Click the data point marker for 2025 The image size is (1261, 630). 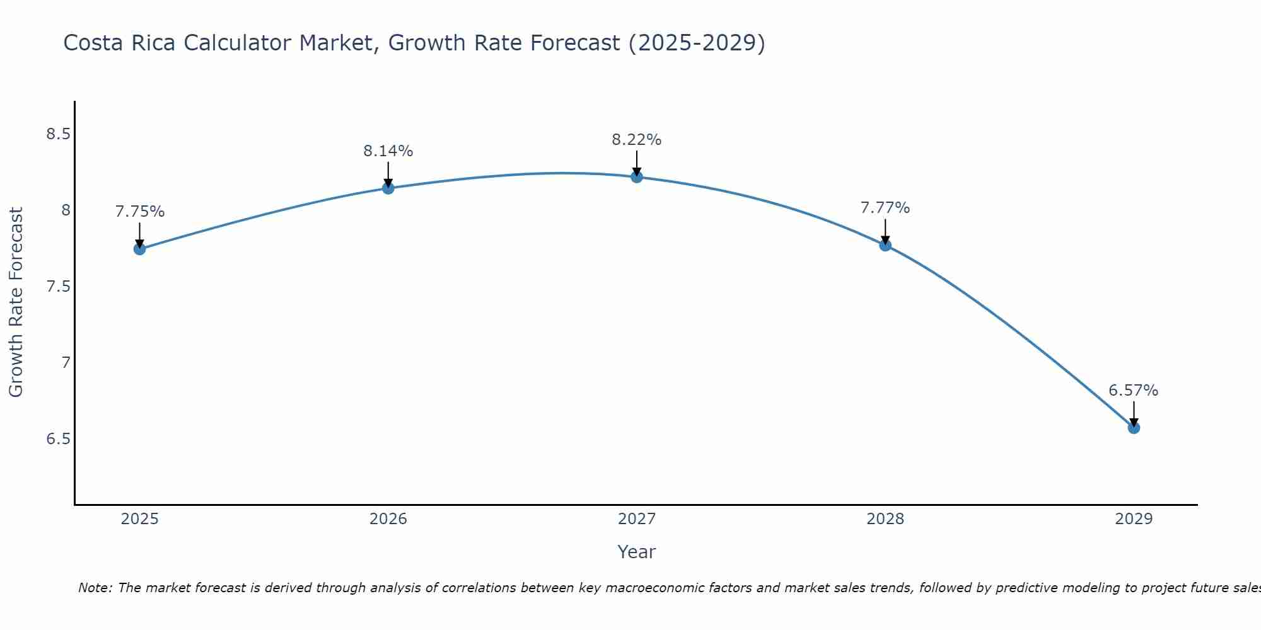[140, 249]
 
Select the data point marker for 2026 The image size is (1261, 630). [388, 188]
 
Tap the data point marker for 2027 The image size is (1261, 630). [637, 177]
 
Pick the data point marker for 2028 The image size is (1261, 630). [885, 245]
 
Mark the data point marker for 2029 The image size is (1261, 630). [1134, 428]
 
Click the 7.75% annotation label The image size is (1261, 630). [140, 212]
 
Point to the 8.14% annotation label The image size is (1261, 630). [388, 151]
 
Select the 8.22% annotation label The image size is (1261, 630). [637, 140]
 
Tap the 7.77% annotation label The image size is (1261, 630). [885, 208]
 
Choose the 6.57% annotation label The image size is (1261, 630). [1134, 391]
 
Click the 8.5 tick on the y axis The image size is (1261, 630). [58, 134]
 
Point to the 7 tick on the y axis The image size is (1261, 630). [66, 362]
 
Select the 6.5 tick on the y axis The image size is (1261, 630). [58, 438]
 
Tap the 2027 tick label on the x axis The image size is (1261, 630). [637, 519]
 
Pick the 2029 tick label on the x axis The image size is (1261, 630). [1134, 519]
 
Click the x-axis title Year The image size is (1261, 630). [637, 552]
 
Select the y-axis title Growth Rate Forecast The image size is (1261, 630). [16, 302]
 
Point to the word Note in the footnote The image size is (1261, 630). [95, 588]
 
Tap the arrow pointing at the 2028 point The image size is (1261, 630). [885, 232]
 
